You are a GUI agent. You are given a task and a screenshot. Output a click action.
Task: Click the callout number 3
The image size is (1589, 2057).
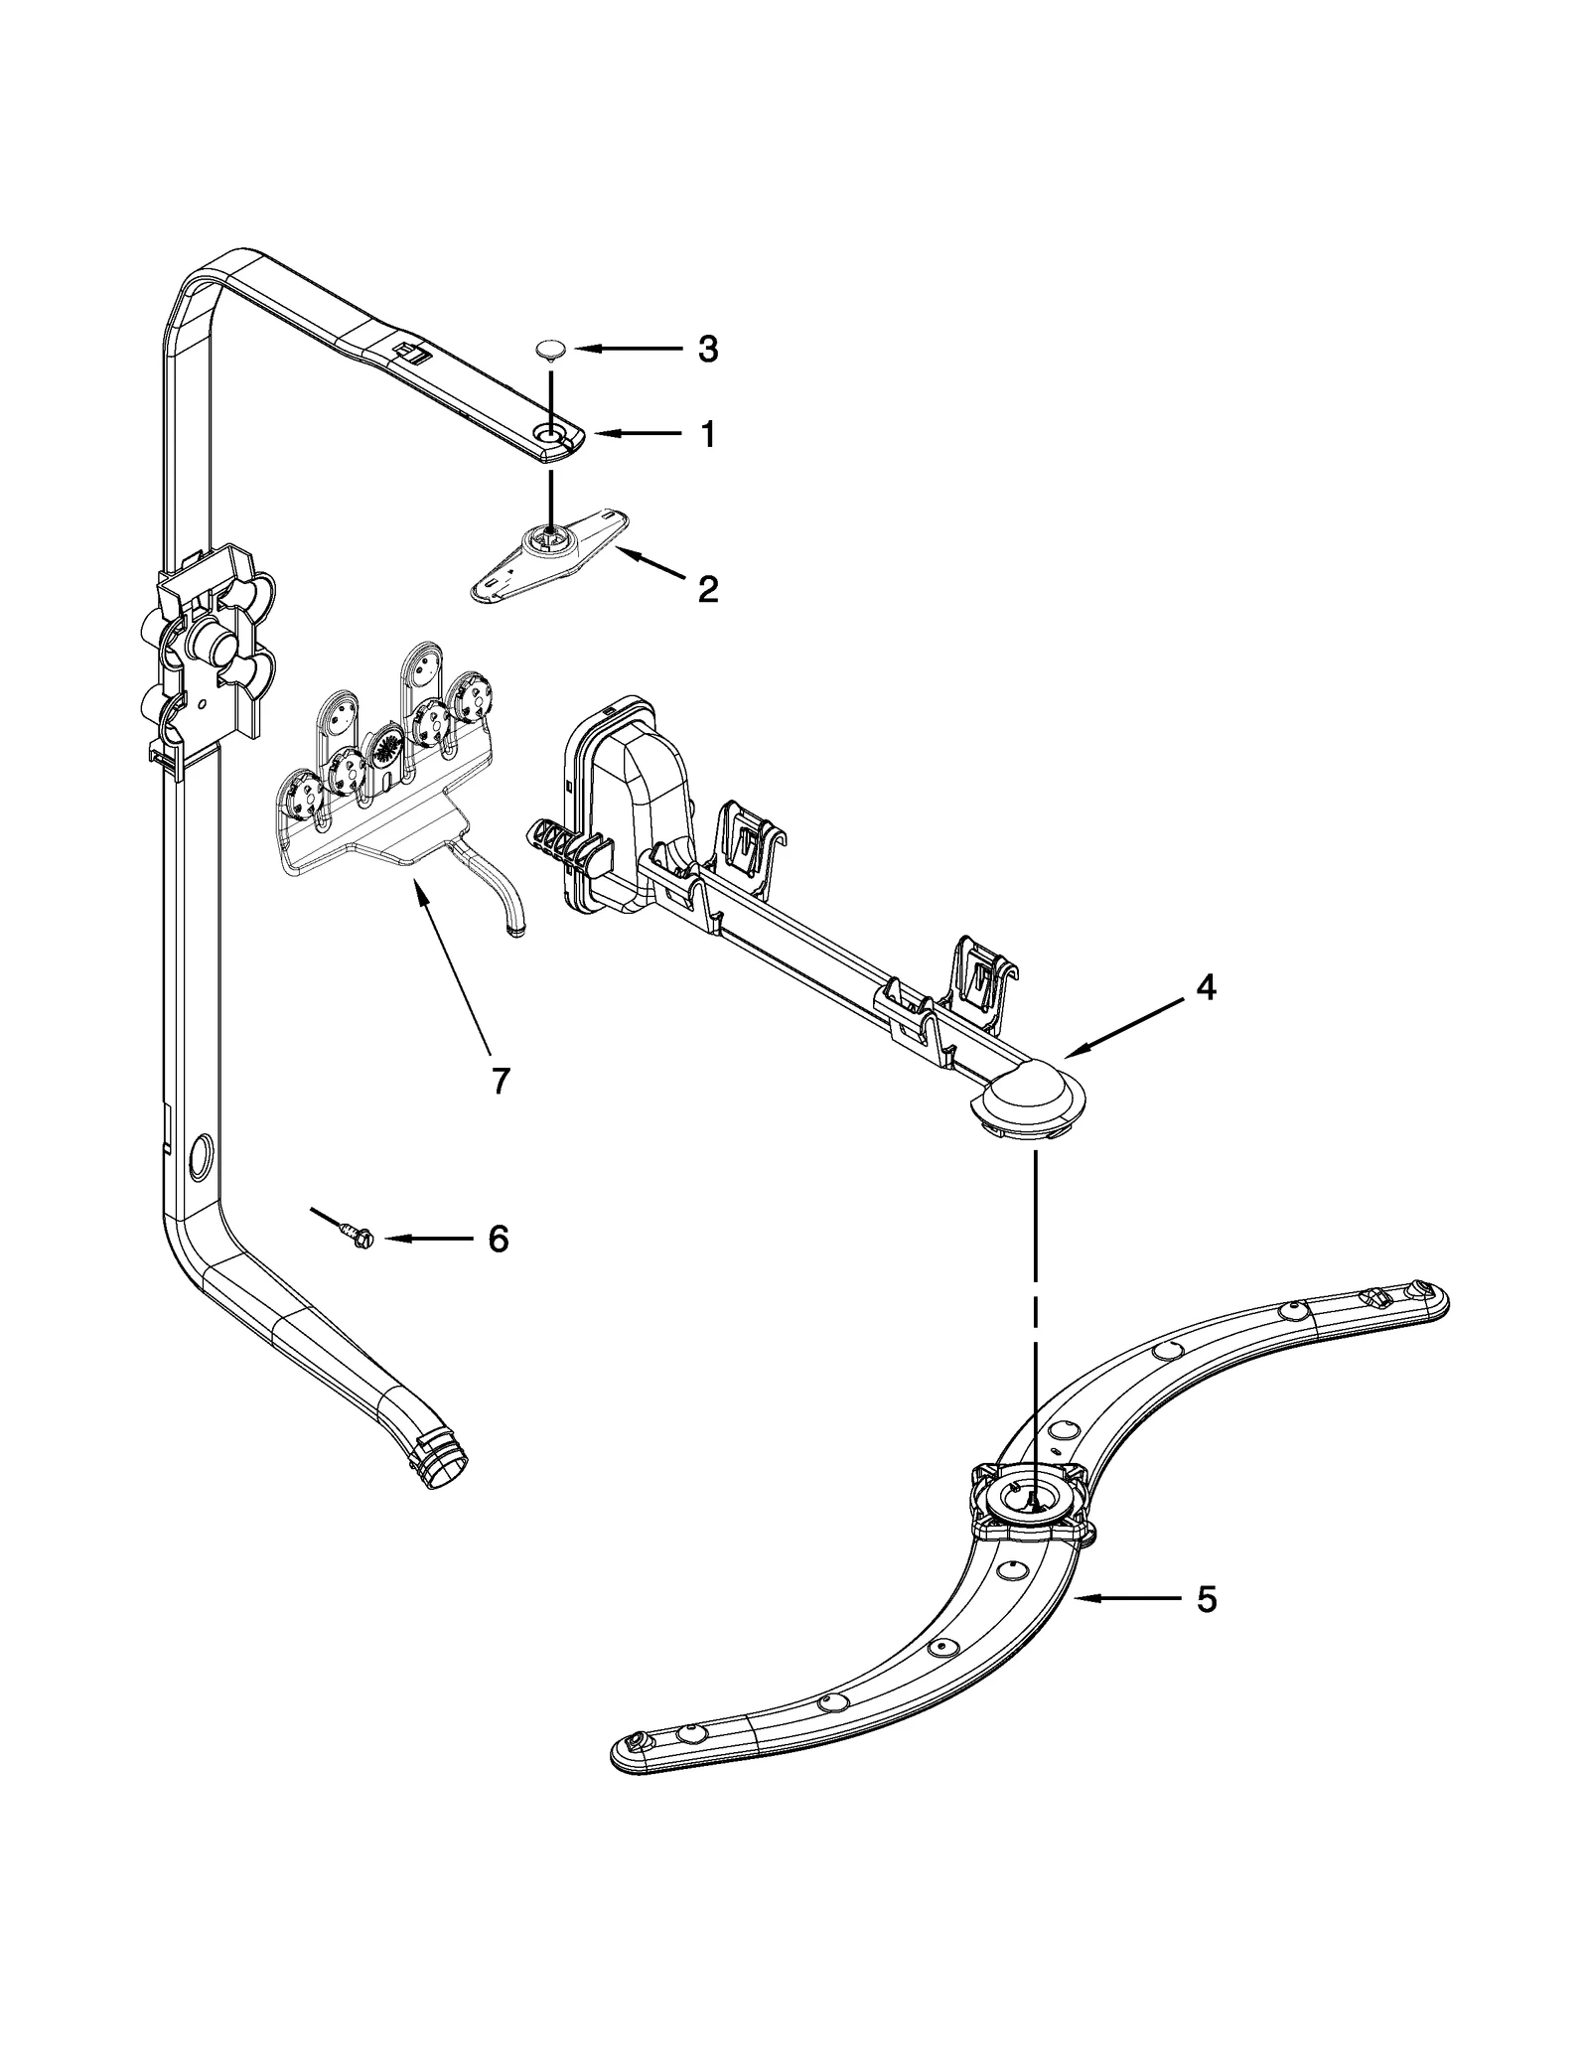click(707, 350)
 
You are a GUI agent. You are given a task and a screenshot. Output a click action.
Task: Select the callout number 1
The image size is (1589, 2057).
click(707, 435)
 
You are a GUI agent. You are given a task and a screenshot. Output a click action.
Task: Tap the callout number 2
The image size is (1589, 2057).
click(707, 589)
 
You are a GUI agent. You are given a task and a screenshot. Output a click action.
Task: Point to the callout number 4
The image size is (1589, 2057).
click(1205, 987)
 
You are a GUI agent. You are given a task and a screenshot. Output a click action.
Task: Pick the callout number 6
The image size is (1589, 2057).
click(498, 1239)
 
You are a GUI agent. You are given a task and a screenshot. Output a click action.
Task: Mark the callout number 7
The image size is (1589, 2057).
click(500, 1080)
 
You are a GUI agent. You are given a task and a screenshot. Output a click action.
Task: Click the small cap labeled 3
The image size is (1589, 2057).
click(550, 349)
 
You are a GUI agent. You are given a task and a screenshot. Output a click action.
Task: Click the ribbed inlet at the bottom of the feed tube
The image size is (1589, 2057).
click(442, 1494)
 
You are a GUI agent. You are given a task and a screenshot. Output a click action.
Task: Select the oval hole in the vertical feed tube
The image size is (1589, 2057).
click(198, 1154)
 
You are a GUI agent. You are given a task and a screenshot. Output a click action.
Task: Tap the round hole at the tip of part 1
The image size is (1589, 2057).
click(548, 433)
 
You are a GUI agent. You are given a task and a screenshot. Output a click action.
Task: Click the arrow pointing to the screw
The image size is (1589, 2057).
click(427, 1239)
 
